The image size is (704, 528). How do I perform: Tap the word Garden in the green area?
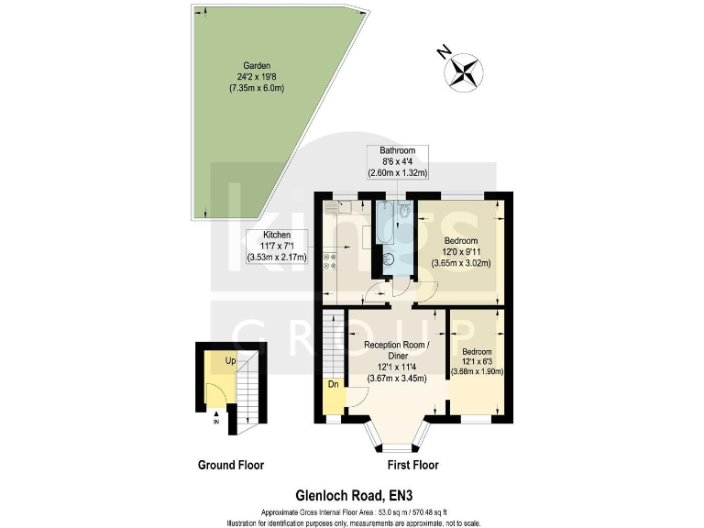coord(243,65)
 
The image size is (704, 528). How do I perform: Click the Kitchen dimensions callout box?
coord(277,247)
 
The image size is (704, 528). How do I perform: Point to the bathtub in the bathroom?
coord(385,221)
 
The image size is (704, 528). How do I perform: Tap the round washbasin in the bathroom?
coord(388,259)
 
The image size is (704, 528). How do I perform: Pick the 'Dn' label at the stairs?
coord(332,385)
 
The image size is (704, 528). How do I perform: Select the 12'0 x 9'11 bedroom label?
coord(461,248)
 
